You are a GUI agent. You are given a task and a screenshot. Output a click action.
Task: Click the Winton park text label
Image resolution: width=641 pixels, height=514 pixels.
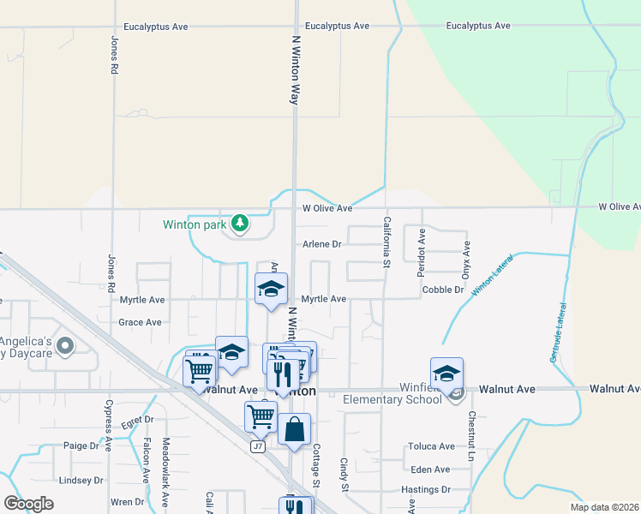click(x=195, y=225)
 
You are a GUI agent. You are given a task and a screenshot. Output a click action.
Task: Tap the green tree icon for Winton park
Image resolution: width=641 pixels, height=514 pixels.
click(x=241, y=224)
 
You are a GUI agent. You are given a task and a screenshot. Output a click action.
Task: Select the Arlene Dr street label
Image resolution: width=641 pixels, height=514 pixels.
click(x=321, y=244)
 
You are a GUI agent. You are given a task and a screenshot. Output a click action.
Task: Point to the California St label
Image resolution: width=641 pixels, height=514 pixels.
click(x=386, y=245)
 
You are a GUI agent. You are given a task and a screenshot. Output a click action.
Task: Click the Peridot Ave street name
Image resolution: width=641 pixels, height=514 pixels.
click(x=422, y=252)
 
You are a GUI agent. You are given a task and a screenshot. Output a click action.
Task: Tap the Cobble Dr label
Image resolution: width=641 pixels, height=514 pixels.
click(x=443, y=290)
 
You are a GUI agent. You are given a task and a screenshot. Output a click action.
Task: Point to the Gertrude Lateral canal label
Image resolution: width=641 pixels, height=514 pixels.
click(x=559, y=331)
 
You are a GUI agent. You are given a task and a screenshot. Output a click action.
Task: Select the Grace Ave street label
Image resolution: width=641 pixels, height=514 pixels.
click(x=141, y=323)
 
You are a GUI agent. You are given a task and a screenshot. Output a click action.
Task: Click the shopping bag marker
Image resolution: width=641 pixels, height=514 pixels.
click(x=294, y=428)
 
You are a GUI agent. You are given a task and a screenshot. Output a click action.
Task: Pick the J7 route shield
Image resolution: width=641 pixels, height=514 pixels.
click(x=257, y=446)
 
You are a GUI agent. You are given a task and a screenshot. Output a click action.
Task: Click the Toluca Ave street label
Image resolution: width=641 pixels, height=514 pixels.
click(x=431, y=446)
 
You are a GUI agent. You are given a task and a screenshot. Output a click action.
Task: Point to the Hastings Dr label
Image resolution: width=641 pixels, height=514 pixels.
click(x=426, y=490)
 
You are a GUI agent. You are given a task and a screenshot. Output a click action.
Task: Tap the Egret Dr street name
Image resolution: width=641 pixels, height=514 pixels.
click(x=137, y=421)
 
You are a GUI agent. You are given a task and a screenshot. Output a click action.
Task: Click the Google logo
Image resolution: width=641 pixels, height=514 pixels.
click(x=28, y=503)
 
